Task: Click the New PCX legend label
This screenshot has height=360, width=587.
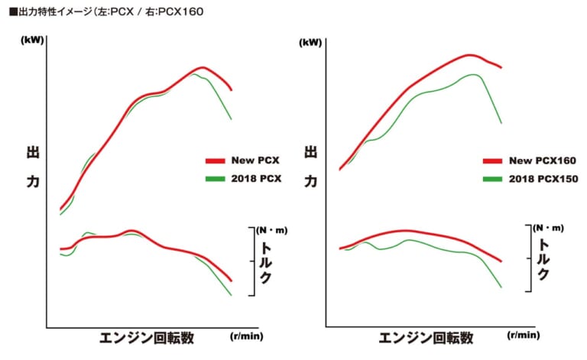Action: (255, 161)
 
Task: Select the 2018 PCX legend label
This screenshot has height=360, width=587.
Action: (257, 178)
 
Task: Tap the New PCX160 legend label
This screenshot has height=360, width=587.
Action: (542, 161)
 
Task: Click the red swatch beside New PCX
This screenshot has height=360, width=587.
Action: (215, 161)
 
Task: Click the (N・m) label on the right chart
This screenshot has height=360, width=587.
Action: (548, 228)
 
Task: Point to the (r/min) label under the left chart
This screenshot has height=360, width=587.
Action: (245, 336)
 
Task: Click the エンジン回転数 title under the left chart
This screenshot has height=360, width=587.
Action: (146, 337)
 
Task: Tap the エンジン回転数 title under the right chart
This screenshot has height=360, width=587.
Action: (426, 337)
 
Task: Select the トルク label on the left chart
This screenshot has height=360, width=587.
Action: (265, 262)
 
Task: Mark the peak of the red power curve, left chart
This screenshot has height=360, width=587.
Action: (202, 67)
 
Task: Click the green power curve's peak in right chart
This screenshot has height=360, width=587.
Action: (475, 74)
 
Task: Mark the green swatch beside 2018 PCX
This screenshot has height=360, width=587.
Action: (215, 178)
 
